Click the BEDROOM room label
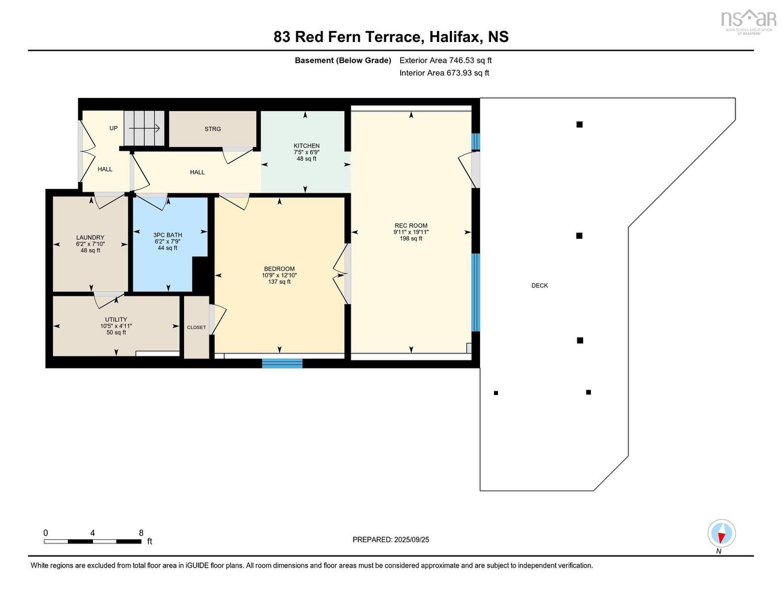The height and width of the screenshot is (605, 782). [279, 269]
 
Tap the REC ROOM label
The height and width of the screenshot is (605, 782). [411, 226]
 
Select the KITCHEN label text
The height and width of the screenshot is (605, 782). [306, 146]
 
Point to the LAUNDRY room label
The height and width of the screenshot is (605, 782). [90, 237]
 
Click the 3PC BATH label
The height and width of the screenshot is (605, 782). [167, 235]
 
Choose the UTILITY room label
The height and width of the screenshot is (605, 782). [116, 319]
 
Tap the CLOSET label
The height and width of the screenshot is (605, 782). [196, 328]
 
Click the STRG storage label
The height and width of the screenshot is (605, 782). [213, 129]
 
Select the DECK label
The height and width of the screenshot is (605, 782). [539, 286]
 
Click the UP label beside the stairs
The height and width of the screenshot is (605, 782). [113, 128]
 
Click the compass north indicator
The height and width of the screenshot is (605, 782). [721, 534]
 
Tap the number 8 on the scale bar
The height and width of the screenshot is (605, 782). [141, 533]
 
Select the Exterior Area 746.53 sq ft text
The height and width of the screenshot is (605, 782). [445, 60]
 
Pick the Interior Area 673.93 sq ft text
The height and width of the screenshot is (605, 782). [444, 73]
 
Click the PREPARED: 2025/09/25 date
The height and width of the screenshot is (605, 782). [390, 539]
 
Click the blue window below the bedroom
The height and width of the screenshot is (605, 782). [282, 363]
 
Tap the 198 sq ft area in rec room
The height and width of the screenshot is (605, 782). [411, 238]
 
